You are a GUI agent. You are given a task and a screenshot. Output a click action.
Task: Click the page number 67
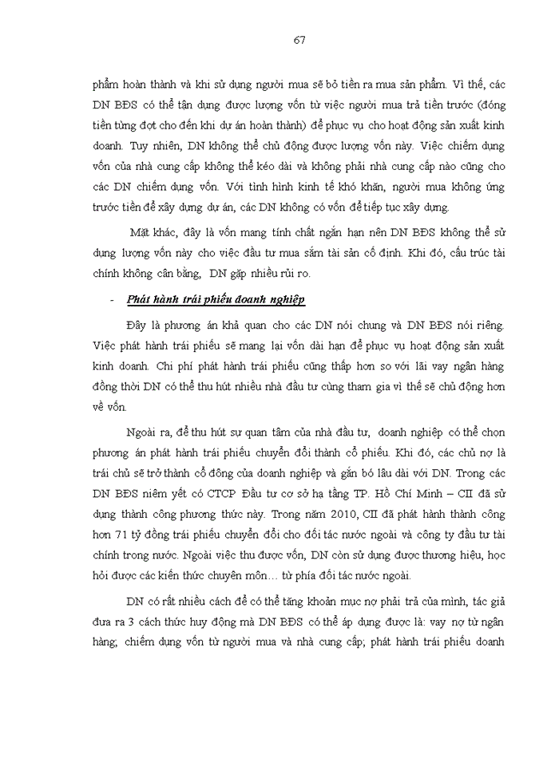click(299, 40)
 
